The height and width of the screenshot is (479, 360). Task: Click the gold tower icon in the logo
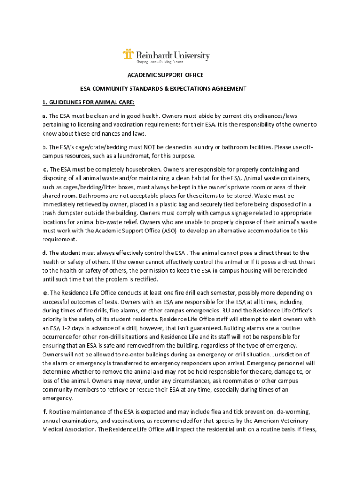128,55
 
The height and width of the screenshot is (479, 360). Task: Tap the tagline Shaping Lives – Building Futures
159,62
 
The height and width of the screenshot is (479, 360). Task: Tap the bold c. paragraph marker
46,169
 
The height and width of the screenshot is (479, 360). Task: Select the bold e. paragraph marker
46,293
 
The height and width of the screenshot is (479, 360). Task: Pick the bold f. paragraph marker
45,412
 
